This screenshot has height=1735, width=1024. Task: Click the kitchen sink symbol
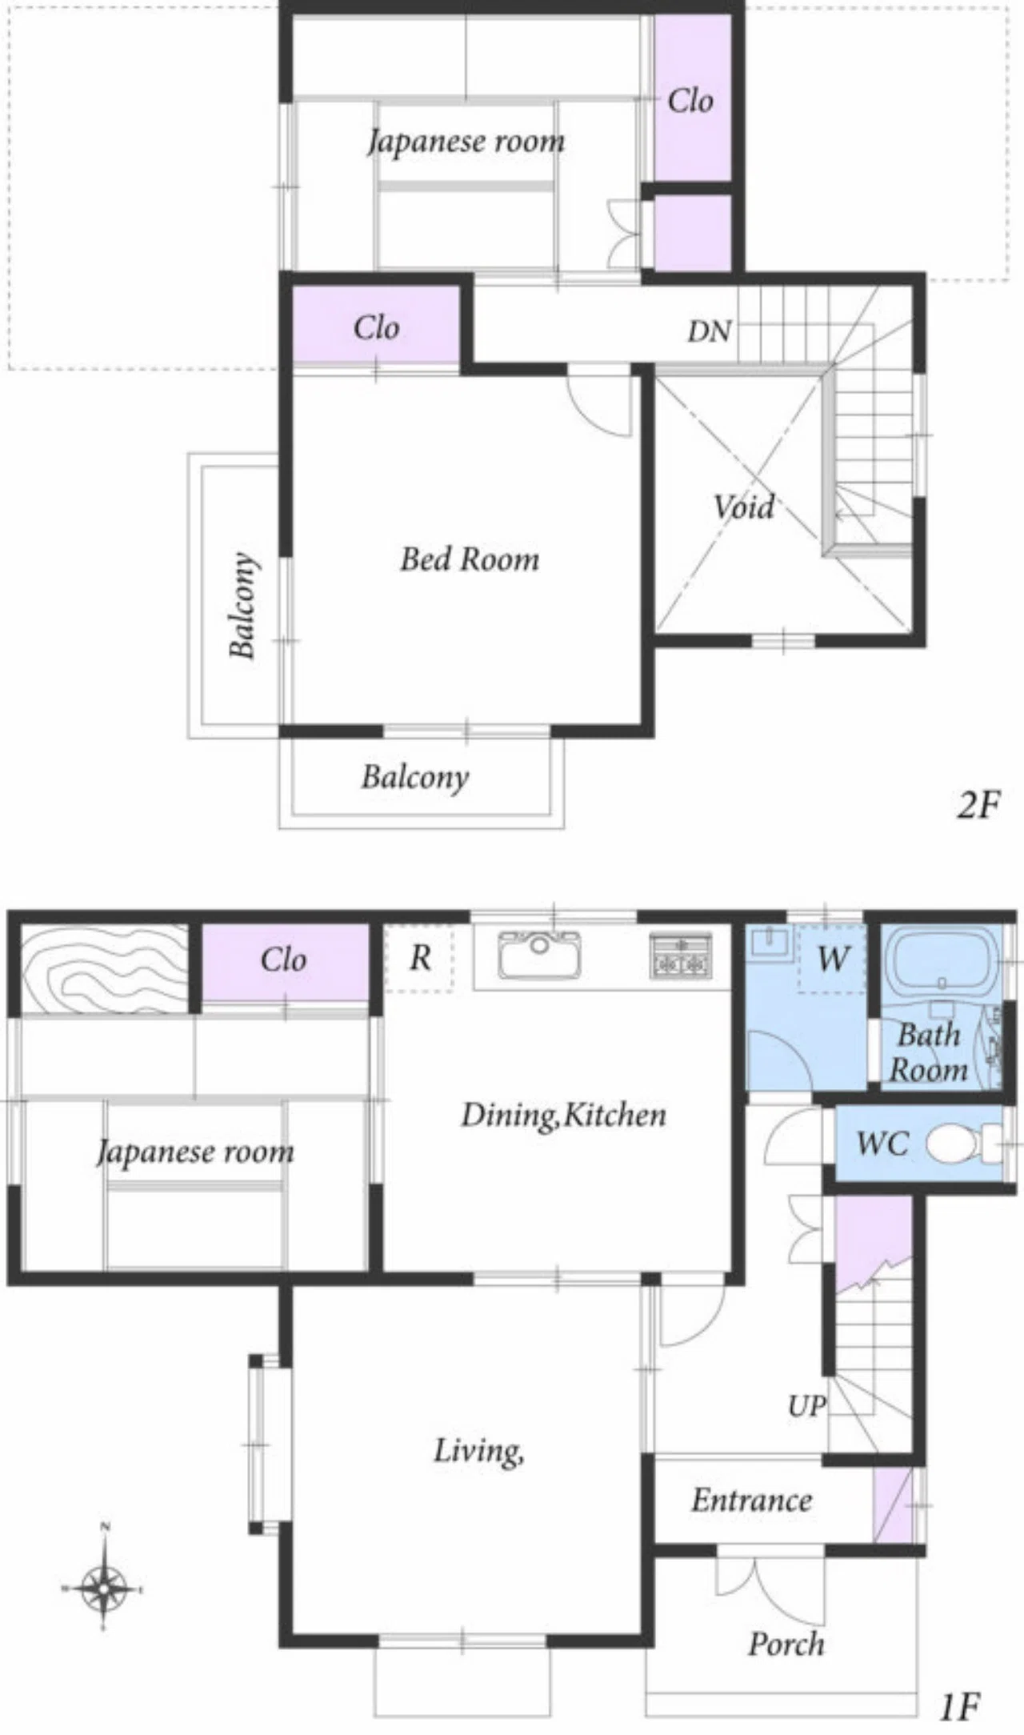[540, 954]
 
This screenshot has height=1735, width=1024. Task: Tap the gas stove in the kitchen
[681, 955]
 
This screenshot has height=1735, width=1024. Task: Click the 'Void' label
[744, 507]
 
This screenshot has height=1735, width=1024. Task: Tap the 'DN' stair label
[709, 331]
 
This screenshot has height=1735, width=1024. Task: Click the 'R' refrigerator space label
[421, 958]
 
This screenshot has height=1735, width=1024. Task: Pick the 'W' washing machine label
[833, 958]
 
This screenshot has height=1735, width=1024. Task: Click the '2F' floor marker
[978, 806]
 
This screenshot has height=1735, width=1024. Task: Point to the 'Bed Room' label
[470, 559]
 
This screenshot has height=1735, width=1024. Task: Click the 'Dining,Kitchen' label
[563, 1115]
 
